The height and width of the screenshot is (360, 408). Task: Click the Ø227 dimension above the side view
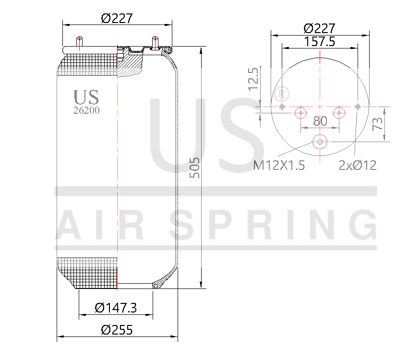coord(117,18)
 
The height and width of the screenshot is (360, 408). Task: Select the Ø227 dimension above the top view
coord(320,28)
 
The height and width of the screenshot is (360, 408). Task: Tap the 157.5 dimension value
coord(320,42)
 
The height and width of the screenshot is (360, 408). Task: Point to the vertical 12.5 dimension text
coord(253,79)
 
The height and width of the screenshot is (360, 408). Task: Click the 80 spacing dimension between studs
coord(320,121)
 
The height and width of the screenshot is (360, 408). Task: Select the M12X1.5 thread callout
coord(279,166)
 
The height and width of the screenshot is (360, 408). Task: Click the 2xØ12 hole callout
coord(358,166)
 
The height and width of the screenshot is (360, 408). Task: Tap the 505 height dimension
coord(194,168)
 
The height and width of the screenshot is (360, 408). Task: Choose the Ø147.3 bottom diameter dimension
coord(116,308)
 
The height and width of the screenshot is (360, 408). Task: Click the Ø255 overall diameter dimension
coord(117,330)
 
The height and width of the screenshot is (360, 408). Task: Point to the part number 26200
coord(86,110)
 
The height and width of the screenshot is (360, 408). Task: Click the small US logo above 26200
coord(86,96)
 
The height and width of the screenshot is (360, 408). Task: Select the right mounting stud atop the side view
coord(155,42)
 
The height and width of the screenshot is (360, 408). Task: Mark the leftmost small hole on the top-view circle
coord(282,106)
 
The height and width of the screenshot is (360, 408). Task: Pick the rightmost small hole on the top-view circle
coord(358,106)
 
